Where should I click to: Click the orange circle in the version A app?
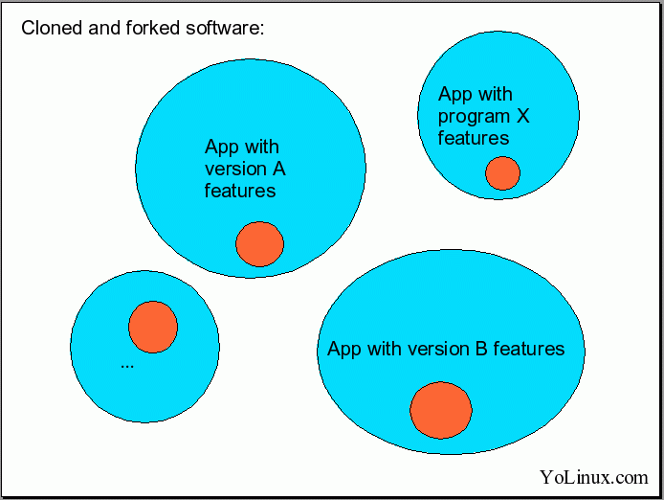[x=260, y=243]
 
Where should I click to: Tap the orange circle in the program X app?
[x=502, y=173]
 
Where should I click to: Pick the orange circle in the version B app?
[x=441, y=410]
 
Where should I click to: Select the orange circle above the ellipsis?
[x=153, y=326]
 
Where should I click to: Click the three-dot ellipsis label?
[x=127, y=365]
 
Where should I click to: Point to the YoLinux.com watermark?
[x=593, y=476]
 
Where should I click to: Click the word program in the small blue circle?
[x=474, y=117]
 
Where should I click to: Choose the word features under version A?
[x=240, y=191]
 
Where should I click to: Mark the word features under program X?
[x=474, y=138]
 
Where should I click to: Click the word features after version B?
[x=529, y=349]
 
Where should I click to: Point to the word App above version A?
[x=223, y=147]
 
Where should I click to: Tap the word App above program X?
[x=456, y=94]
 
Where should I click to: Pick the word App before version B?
[x=344, y=349]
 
